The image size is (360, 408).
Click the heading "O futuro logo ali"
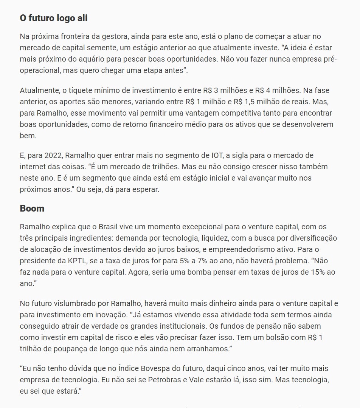pos(54,18)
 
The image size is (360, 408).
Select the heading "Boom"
pos(32,209)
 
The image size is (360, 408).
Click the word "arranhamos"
pos(208,349)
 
